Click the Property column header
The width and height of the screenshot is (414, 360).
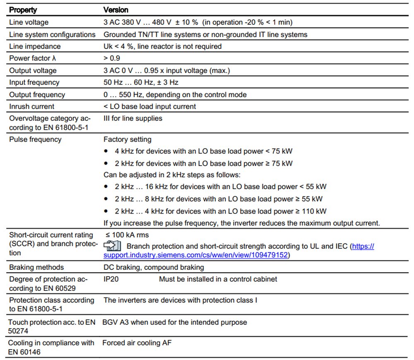tap(23, 10)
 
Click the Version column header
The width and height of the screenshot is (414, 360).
tap(116, 10)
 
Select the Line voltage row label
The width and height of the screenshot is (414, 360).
tap(29, 22)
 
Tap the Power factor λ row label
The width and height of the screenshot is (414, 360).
tap(33, 58)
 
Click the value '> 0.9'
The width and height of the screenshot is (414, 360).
tap(112, 58)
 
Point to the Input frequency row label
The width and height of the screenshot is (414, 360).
tap(34, 82)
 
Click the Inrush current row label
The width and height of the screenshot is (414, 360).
tap(31, 106)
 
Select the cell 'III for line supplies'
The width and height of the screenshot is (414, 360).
tap(133, 118)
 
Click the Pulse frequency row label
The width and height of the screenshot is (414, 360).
tap(35, 139)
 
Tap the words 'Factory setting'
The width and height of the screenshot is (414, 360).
tap(128, 139)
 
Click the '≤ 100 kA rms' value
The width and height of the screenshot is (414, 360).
tap(126, 235)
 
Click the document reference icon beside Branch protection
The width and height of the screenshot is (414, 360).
tap(112, 246)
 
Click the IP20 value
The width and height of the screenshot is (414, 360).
tap(111, 279)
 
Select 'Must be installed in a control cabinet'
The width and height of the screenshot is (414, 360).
tap(218, 279)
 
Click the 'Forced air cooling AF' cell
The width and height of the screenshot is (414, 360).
tap(137, 343)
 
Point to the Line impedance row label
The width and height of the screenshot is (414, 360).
tap(35, 46)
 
